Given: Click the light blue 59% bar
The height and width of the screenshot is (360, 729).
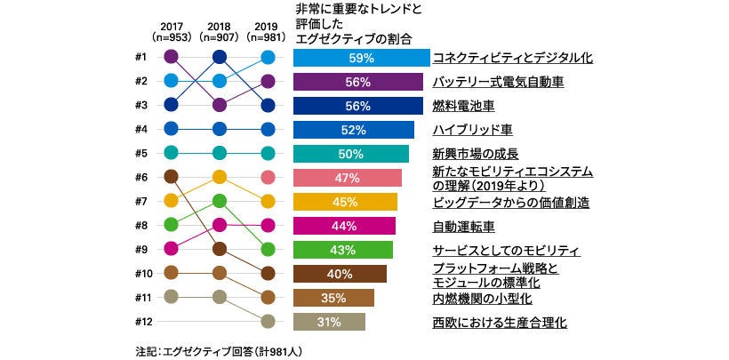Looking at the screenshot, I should pos(361,58).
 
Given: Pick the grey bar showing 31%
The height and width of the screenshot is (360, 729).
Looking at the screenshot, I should pos(329,322).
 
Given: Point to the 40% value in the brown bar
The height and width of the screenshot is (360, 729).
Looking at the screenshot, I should pos(340,274).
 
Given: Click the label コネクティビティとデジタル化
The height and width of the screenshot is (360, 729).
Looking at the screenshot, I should pos(512,58).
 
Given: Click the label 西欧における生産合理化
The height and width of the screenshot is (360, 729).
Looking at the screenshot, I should pos(499,322).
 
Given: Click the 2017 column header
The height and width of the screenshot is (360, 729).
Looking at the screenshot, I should pos(172,32).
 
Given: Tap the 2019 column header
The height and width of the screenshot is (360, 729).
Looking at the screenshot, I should pos(268,32).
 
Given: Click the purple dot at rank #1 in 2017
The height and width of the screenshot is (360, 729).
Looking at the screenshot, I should pos(172,58).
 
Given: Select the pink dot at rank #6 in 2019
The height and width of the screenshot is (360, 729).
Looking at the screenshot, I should pos(268,178).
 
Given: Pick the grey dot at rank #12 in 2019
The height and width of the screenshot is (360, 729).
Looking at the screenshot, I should pos(268,322).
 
